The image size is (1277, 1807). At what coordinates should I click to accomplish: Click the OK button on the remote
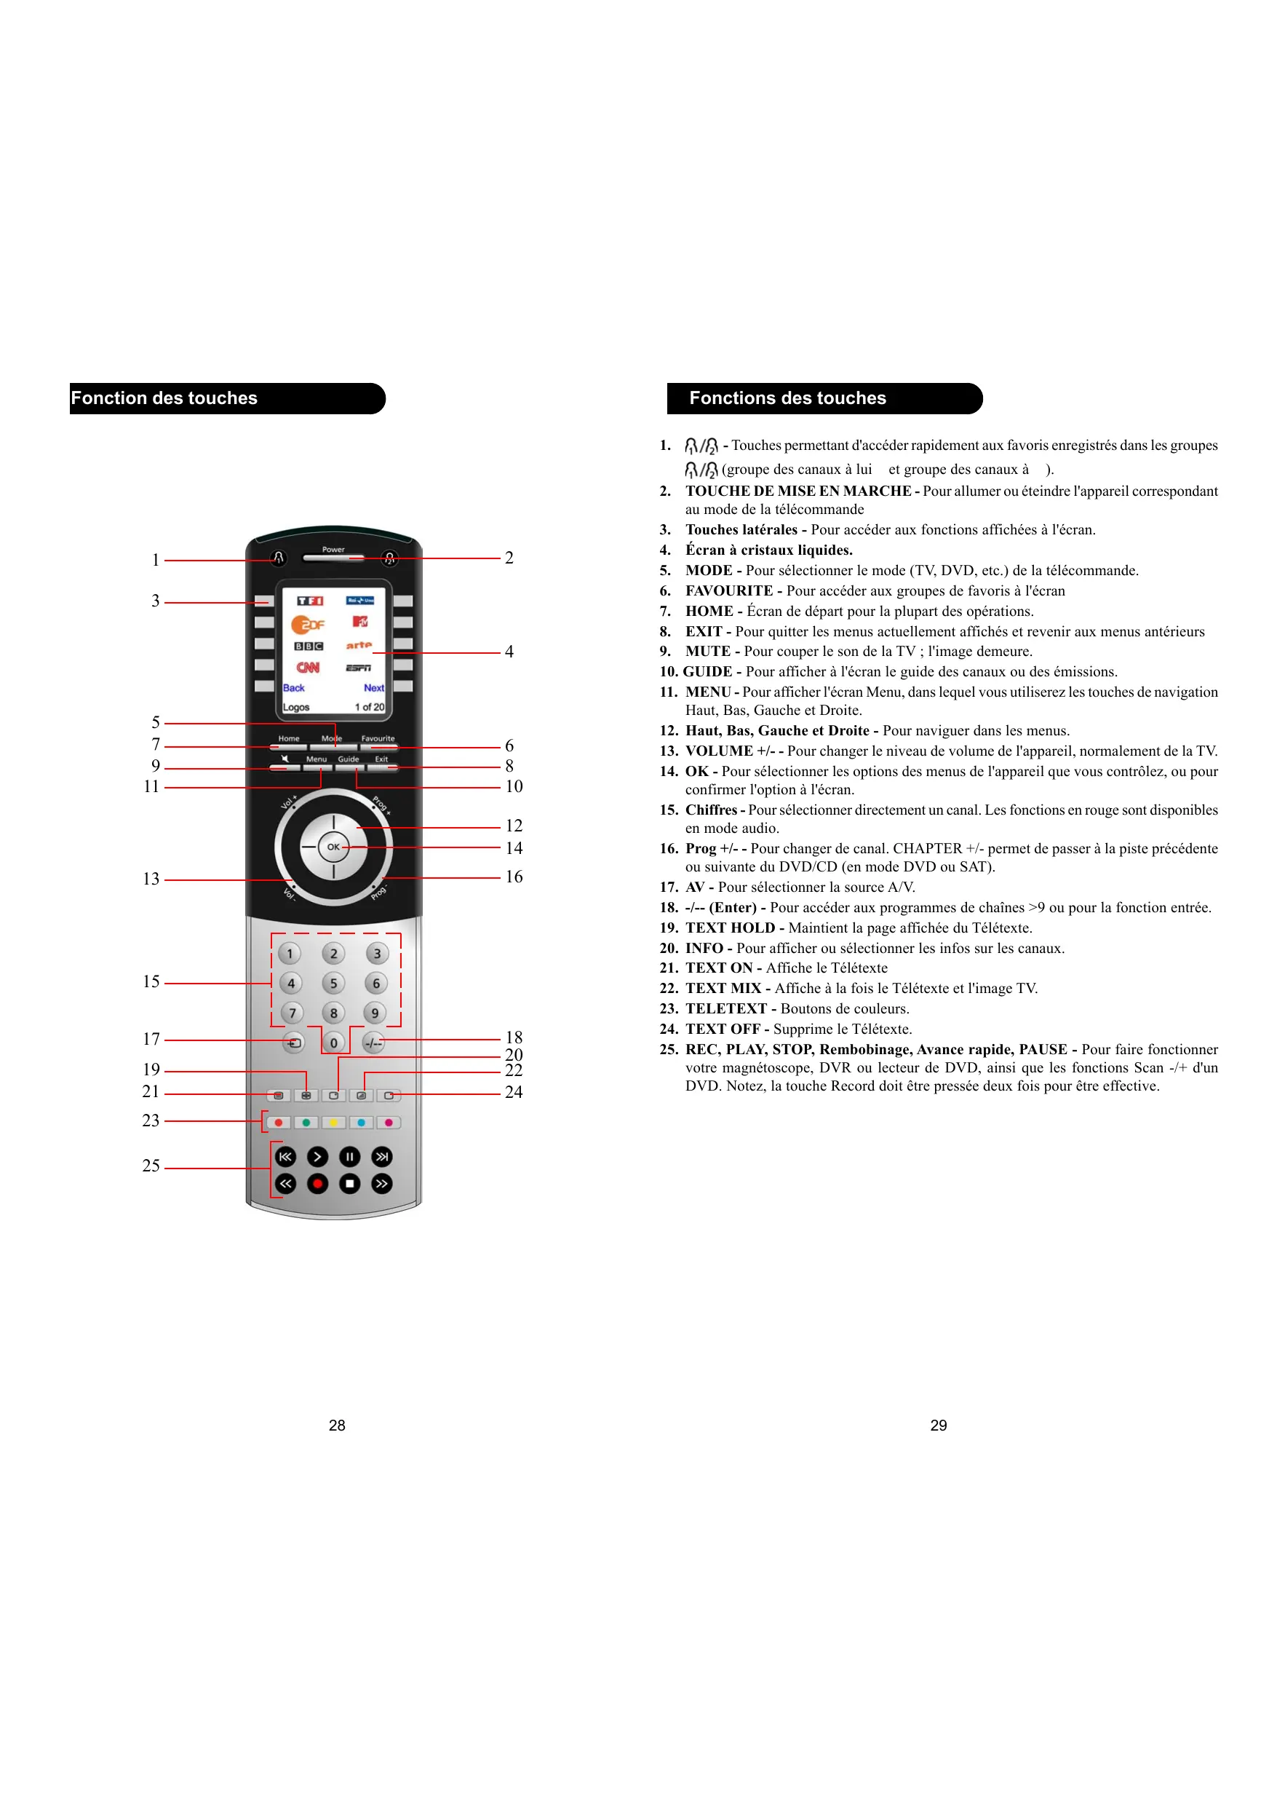pos(333,847)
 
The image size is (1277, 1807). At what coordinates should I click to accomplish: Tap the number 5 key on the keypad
pos(333,983)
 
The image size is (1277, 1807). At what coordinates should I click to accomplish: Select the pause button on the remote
pos(349,1156)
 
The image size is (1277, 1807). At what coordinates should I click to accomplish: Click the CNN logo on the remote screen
pos(308,668)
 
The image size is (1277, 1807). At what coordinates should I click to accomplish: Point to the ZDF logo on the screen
pos(308,625)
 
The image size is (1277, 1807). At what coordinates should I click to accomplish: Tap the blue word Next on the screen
pos(374,688)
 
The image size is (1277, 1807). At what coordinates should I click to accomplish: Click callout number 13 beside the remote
pos(151,879)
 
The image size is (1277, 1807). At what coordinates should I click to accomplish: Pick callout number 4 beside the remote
pos(509,652)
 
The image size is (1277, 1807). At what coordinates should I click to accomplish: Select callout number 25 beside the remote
pos(151,1166)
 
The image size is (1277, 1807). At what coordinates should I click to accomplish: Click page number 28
pos(337,1426)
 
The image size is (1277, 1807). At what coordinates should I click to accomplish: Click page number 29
pos(938,1426)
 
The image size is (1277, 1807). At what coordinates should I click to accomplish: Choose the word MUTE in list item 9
pos(707,651)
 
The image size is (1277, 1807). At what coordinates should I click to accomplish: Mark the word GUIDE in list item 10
pos(707,671)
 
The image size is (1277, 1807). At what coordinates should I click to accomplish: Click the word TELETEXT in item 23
pos(725,1008)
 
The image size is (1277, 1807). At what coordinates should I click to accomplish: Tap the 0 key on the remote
pos(333,1043)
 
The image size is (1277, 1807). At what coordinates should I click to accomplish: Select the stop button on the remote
pos(349,1183)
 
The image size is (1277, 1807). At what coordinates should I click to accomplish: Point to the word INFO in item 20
pos(704,948)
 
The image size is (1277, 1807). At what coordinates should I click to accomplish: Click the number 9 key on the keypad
pos(375,1013)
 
